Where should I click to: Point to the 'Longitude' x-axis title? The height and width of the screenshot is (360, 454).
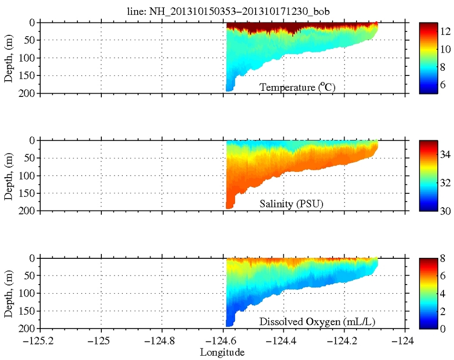click(x=222, y=353)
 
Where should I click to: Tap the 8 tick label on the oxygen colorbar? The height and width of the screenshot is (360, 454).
click(x=443, y=258)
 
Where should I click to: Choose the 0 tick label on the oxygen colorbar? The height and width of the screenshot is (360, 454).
click(x=443, y=328)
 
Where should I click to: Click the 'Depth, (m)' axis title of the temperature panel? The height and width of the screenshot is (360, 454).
click(x=9, y=58)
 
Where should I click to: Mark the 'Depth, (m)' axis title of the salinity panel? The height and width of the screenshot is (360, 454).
click(x=9, y=175)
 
